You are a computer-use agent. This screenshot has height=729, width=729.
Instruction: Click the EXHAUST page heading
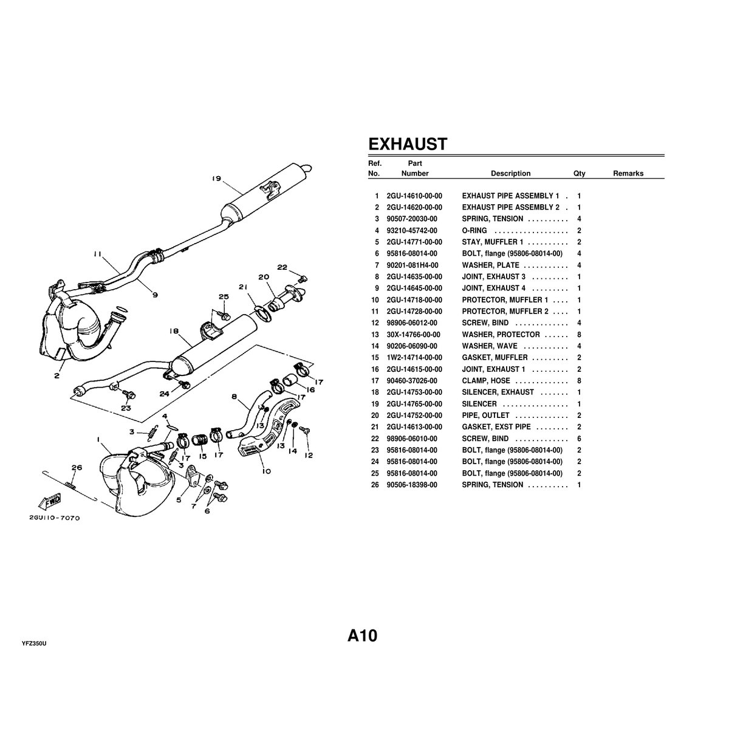click(408, 145)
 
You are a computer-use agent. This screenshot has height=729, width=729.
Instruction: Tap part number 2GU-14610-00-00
click(414, 196)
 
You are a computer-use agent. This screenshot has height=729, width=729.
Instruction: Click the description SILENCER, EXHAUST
click(498, 392)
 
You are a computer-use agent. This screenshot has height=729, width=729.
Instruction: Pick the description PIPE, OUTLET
click(485, 416)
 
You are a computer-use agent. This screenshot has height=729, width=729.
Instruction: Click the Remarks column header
click(628, 174)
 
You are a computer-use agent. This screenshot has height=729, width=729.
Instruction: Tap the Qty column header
click(579, 174)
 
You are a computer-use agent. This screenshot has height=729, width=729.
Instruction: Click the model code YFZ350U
click(34, 643)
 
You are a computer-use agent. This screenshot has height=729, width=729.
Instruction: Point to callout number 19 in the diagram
click(216, 179)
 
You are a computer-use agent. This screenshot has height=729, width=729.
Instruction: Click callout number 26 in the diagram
click(76, 468)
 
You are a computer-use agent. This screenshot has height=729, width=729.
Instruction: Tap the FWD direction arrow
click(47, 502)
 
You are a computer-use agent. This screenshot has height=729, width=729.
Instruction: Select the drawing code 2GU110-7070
click(54, 518)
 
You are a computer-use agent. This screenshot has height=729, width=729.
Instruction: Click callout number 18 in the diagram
click(174, 332)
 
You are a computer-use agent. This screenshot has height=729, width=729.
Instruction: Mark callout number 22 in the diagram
click(282, 267)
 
